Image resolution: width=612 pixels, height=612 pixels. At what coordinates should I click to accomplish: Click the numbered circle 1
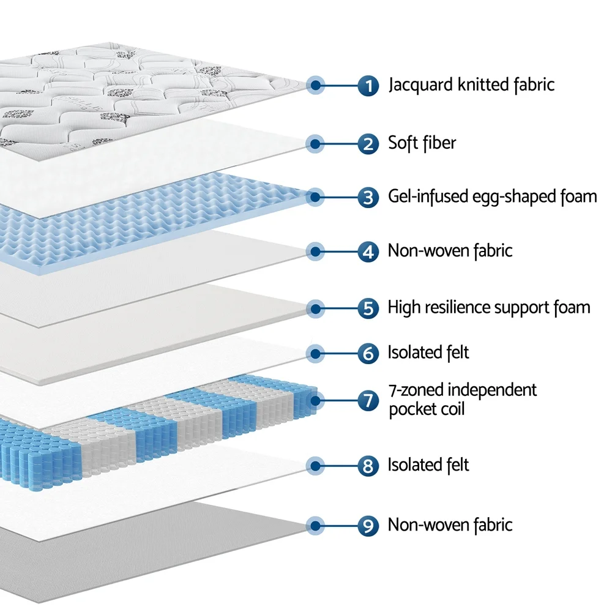click(x=368, y=85)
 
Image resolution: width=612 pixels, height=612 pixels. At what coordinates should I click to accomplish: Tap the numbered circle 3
click(x=368, y=197)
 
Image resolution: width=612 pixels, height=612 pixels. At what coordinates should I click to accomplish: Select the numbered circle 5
click(x=368, y=308)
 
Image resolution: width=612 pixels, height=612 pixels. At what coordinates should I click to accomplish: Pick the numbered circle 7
click(x=368, y=401)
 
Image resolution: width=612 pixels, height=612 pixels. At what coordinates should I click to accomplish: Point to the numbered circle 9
click(x=368, y=525)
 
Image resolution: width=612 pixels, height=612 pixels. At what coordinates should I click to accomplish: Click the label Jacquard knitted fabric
click(x=471, y=84)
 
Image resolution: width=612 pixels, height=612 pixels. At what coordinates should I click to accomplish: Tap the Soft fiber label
click(x=422, y=144)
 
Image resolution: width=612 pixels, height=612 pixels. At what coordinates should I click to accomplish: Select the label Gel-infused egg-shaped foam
click(x=492, y=196)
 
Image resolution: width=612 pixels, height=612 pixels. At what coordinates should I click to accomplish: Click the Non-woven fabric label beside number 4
click(x=450, y=250)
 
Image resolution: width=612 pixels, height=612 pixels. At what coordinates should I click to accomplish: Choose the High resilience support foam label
click(x=489, y=307)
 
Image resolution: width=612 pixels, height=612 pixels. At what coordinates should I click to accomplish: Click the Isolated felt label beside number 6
click(x=428, y=353)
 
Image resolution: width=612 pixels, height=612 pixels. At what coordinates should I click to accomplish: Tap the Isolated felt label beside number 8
click(x=428, y=465)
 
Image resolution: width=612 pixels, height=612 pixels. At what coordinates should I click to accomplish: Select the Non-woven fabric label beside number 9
click(x=450, y=524)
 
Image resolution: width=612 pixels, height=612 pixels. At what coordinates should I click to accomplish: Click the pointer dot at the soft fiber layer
click(x=315, y=144)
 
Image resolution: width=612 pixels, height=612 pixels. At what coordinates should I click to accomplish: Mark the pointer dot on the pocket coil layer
click(x=315, y=401)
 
